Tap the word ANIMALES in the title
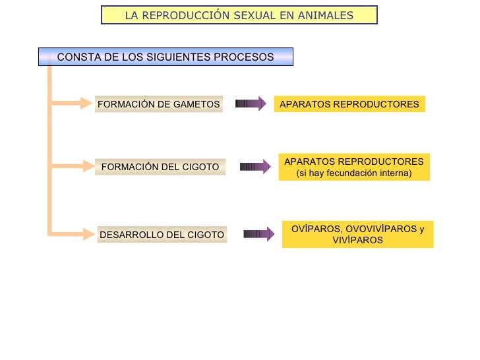pos(324,15)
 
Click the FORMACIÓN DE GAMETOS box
pos(158,104)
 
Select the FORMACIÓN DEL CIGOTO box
pos(160,167)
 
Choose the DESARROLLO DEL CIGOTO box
pos(162,235)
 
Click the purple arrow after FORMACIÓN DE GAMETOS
pos(251,104)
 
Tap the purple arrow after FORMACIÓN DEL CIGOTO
pos(255,167)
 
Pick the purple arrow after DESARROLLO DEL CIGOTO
pos(258,233)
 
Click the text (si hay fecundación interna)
pos(354,173)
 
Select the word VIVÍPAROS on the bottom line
pos(358,241)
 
